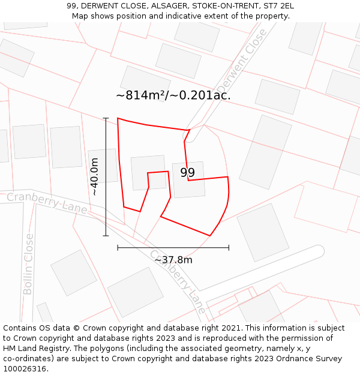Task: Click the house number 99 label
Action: (x=187, y=173)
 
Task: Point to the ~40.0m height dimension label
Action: (x=94, y=176)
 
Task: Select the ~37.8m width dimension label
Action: (x=173, y=260)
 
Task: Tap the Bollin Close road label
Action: (x=28, y=264)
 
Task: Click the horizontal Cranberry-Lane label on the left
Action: (x=47, y=203)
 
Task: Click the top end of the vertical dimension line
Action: (x=106, y=118)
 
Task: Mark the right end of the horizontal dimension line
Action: (x=229, y=247)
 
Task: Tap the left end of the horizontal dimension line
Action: (x=118, y=247)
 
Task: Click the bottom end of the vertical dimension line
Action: (x=106, y=236)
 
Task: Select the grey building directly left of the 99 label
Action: (x=148, y=173)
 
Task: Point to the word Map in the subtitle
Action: (x=80, y=16)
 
